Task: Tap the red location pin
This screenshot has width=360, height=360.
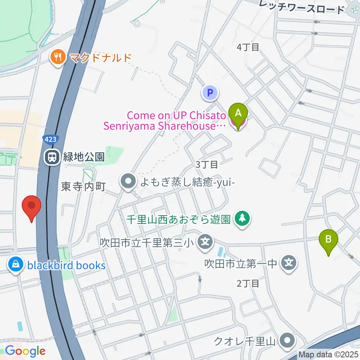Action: (x=31, y=206)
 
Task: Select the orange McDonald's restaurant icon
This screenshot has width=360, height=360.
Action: (x=57, y=57)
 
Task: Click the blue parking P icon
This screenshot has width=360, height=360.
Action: (x=210, y=92)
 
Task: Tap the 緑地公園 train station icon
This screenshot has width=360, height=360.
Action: (x=51, y=157)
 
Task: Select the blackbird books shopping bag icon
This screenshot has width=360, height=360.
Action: (x=16, y=265)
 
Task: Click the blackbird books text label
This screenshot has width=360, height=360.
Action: (x=66, y=265)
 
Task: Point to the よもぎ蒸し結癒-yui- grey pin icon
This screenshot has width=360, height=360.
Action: (x=128, y=182)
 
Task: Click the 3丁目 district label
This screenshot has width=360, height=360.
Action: (x=207, y=164)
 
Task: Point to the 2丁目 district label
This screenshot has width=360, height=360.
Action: (x=248, y=283)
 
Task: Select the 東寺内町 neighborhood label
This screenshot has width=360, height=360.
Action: (x=84, y=186)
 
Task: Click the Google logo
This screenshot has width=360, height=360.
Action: (x=25, y=351)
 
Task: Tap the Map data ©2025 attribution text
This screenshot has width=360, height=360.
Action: (x=328, y=354)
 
